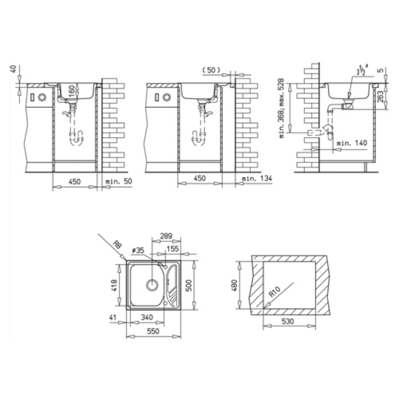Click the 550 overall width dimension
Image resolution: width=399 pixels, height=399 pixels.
click(153, 331)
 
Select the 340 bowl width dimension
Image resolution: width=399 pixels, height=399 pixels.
click(147, 317)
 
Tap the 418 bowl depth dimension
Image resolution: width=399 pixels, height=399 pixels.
click(114, 286)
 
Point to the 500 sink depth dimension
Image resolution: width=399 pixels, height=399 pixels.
click(188, 286)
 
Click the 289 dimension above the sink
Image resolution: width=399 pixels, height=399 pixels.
click(166, 236)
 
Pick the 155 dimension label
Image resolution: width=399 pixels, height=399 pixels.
click(173, 248)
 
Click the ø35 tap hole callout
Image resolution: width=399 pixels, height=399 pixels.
click(138, 251)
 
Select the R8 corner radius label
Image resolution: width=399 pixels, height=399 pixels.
click(118, 245)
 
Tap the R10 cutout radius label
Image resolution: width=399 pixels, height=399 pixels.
click(275, 292)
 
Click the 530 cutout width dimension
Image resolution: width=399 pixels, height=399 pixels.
click(287, 322)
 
